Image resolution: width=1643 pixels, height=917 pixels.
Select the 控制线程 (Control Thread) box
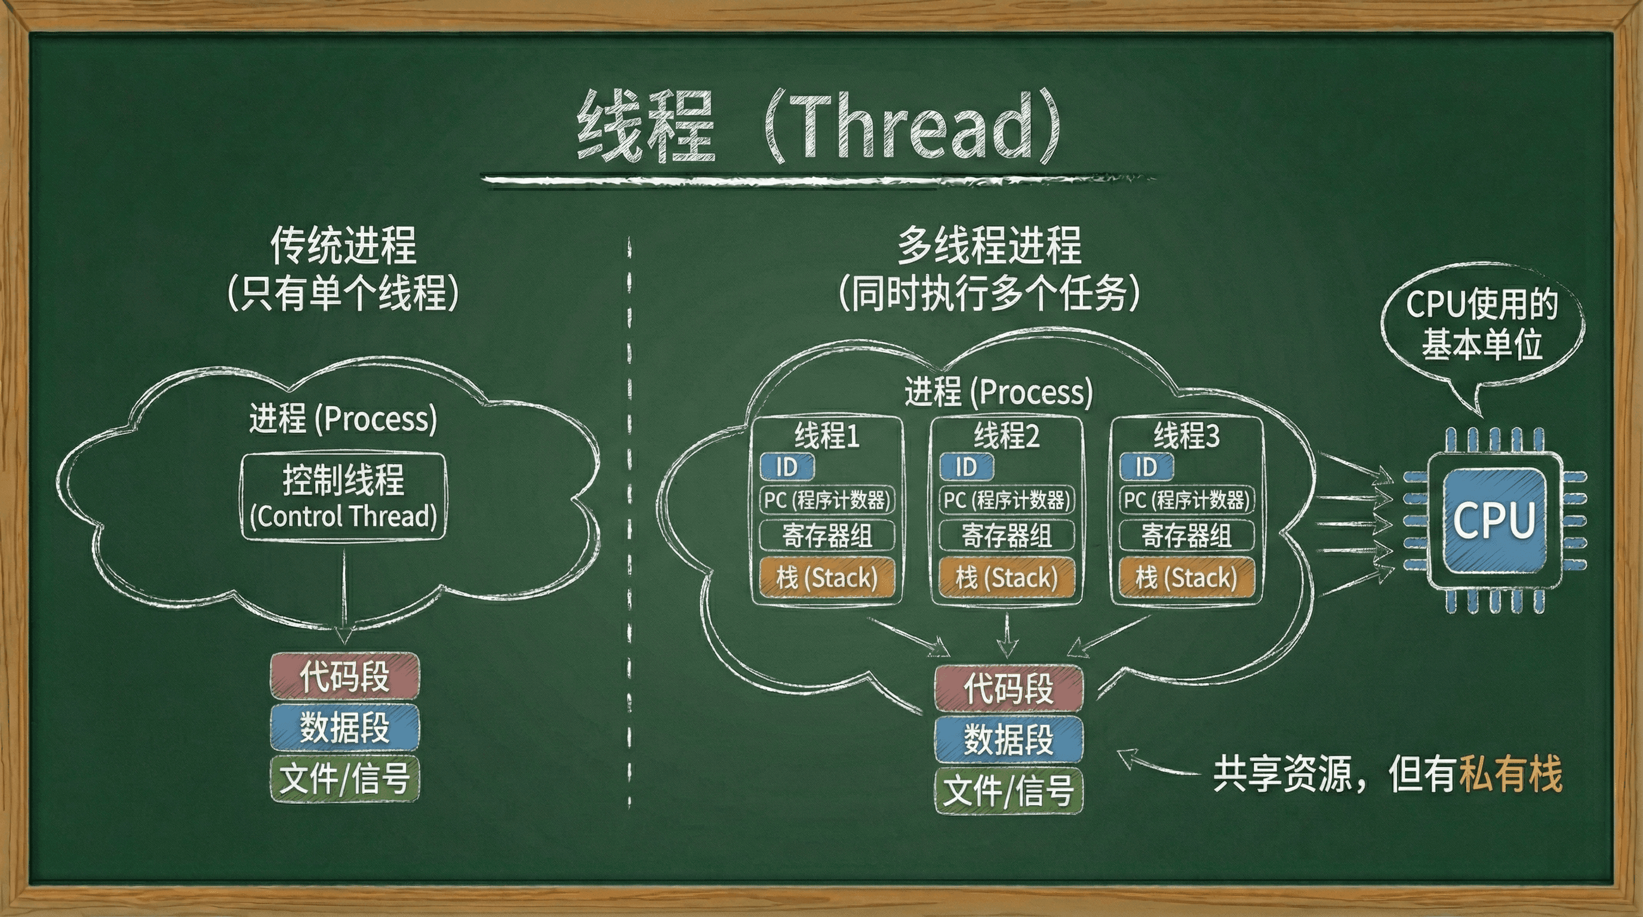pos(343,497)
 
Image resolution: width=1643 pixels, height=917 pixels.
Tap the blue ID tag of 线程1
pos(787,467)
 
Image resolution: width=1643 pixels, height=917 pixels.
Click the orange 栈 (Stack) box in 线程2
pos(1007,578)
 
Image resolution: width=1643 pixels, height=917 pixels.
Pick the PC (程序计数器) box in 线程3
pos(1186,500)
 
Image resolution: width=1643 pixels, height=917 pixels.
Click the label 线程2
pos(1007,436)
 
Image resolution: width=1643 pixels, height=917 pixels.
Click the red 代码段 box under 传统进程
pos(344,676)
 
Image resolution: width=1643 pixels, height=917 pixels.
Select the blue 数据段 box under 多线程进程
pos(1008,740)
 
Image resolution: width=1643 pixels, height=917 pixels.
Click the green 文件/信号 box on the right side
pos(1008,792)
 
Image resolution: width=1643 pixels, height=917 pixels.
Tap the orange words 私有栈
pos(1510,774)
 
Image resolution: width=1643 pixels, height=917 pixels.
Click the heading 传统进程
pos(343,245)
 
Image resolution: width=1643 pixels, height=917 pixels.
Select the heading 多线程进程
pos(989,245)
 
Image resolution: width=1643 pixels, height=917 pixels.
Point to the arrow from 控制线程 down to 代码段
pos(344,593)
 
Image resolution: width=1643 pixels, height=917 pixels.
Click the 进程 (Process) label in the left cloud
pos(343,419)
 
